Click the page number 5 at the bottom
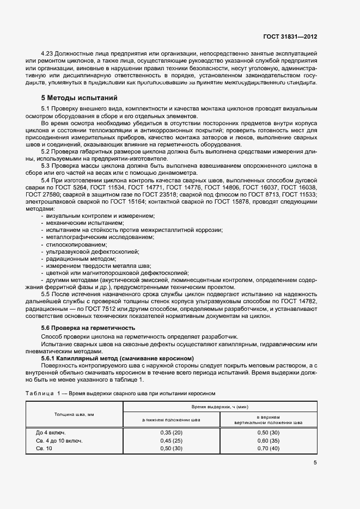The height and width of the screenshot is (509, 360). click(315, 463)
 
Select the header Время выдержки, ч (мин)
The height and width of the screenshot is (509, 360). click(219, 407)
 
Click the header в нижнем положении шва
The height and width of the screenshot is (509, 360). click(171, 420)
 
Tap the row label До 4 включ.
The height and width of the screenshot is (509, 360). click(51, 432)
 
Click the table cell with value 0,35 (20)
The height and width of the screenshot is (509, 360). click(171, 432)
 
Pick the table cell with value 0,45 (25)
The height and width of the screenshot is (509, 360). click(171, 440)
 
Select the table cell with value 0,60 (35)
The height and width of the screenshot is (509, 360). click(268, 440)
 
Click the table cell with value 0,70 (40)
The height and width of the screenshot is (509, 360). click(268, 448)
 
